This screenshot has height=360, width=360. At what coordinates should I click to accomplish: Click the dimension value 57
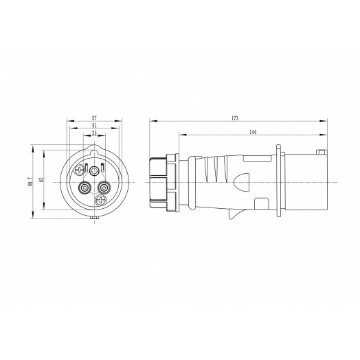coord(93,118)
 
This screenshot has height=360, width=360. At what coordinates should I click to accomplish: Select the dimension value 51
coord(93,126)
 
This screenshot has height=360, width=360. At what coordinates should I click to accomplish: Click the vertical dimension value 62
coord(41,181)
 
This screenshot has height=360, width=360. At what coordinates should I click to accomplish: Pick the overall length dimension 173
coord(236,118)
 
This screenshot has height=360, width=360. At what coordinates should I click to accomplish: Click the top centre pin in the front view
coord(94,171)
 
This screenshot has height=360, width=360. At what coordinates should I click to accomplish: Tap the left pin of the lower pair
coord(84,186)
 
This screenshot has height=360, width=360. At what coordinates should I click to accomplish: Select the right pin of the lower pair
coord(104,186)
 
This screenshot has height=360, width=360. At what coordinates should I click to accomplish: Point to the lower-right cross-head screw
coord(101,201)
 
